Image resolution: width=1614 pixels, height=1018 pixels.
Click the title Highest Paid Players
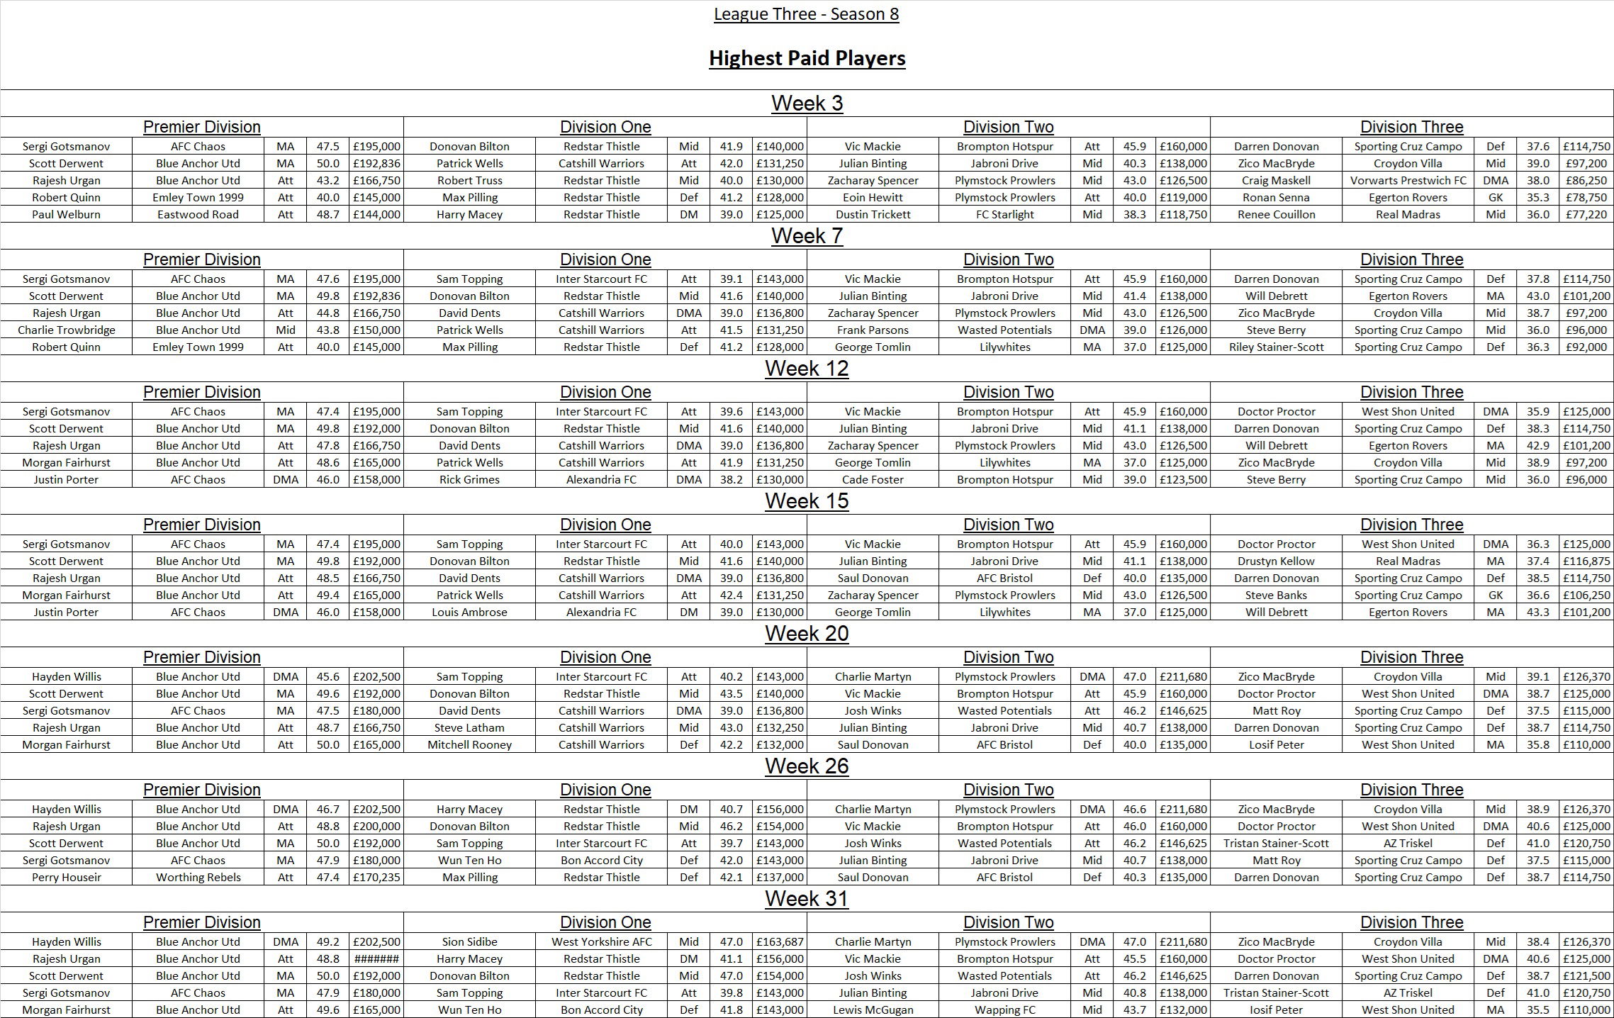pyautogui.click(x=807, y=58)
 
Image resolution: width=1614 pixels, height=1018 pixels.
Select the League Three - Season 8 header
pyautogui.click(x=806, y=14)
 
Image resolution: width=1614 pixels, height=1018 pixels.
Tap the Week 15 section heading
pyautogui.click(x=807, y=501)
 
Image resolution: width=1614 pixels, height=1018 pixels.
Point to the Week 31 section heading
pyautogui.click(x=807, y=899)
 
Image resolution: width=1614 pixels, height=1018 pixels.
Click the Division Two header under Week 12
pyautogui.click(x=1008, y=392)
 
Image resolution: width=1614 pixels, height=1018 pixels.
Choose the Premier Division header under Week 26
pyautogui.click(x=202, y=790)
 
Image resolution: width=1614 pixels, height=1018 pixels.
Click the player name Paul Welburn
pyautogui.click(x=66, y=214)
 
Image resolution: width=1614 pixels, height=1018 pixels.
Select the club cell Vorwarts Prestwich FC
pyautogui.click(x=1408, y=180)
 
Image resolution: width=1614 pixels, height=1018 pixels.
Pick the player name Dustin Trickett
pyautogui.click(x=873, y=214)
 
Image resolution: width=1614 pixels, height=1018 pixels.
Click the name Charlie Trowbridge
pyautogui.click(x=66, y=330)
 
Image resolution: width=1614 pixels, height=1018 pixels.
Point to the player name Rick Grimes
pyautogui.click(x=469, y=479)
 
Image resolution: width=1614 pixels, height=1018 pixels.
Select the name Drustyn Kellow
pyautogui.click(x=1276, y=561)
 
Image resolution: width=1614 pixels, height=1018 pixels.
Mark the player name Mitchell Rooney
pyautogui.click(x=469, y=744)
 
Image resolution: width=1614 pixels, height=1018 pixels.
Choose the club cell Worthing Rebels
pyautogui.click(x=198, y=877)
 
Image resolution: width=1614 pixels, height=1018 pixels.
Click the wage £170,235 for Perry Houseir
pyautogui.click(x=376, y=877)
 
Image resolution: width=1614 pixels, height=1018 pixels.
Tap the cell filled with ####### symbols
pyautogui.click(x=376, y=958)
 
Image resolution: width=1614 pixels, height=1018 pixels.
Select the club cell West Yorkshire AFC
pyautogui.click(x=601, y=941)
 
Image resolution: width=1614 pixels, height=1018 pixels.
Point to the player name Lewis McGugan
pyautogui.click(x=873, y=1009)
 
